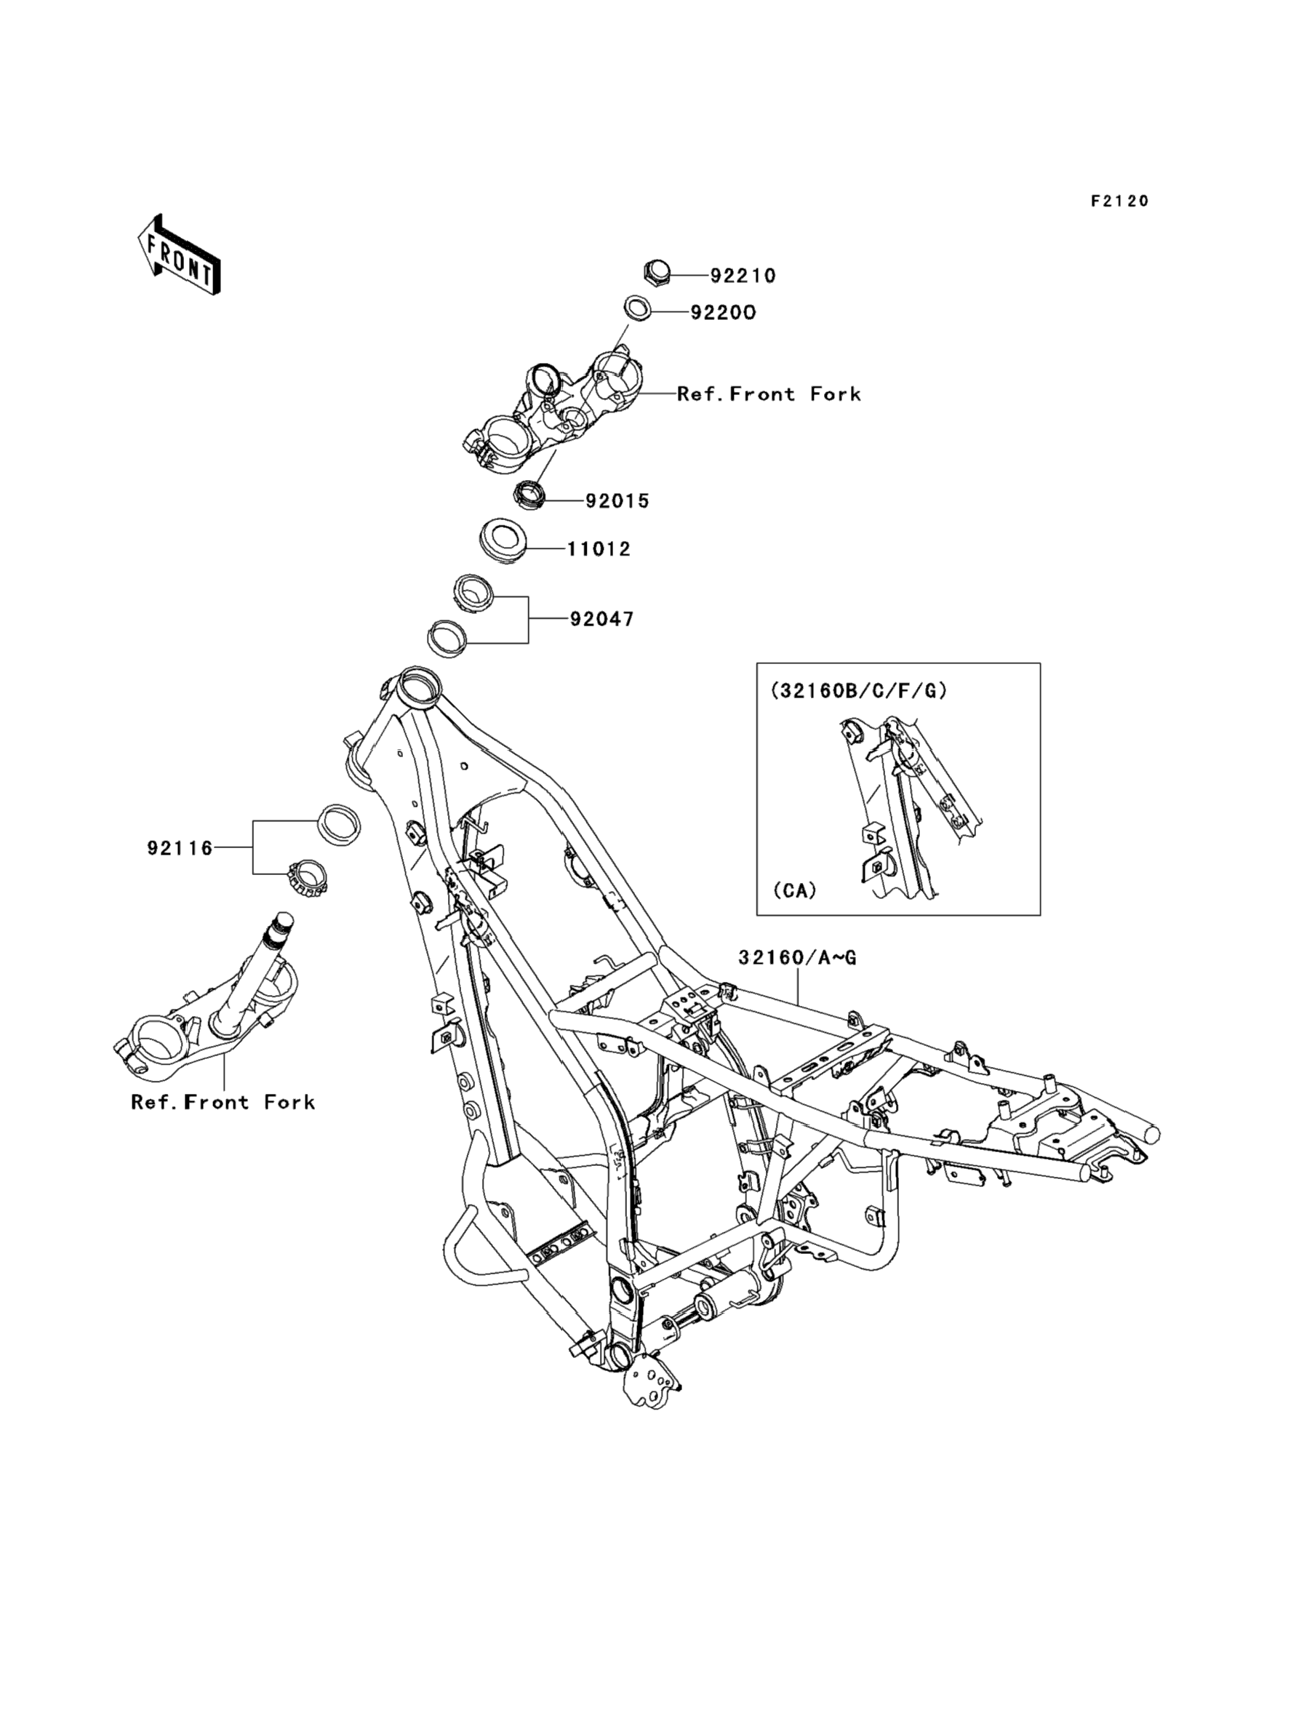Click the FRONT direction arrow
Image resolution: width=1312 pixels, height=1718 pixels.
click(x=179, y=255)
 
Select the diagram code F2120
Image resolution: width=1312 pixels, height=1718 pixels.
click(x=1120, y=201)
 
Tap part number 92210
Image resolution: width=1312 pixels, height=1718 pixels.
click(x=743, y=276)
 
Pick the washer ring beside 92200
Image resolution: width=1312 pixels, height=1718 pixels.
click(x=637, y=308)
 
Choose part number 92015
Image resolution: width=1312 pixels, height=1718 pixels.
click(x=617, y=501)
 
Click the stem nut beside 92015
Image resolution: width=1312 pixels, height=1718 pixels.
click(x=529, y=495)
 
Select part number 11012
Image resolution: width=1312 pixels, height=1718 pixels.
click(x=599, y=549)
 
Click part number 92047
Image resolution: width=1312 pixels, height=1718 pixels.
click(x=602, y=619)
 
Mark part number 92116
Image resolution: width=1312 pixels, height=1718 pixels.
click(x=180, y=848)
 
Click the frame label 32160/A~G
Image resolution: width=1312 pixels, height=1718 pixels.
click(x=797, y=957)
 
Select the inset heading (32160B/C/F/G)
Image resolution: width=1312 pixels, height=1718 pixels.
click(x=858, y=690)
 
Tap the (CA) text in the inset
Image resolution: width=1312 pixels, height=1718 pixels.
click(x=794, y=890)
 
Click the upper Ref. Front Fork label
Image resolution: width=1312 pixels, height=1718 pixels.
click(x=769, y=394)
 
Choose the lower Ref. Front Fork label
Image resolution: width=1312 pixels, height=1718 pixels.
click(x=223, y=1103)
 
